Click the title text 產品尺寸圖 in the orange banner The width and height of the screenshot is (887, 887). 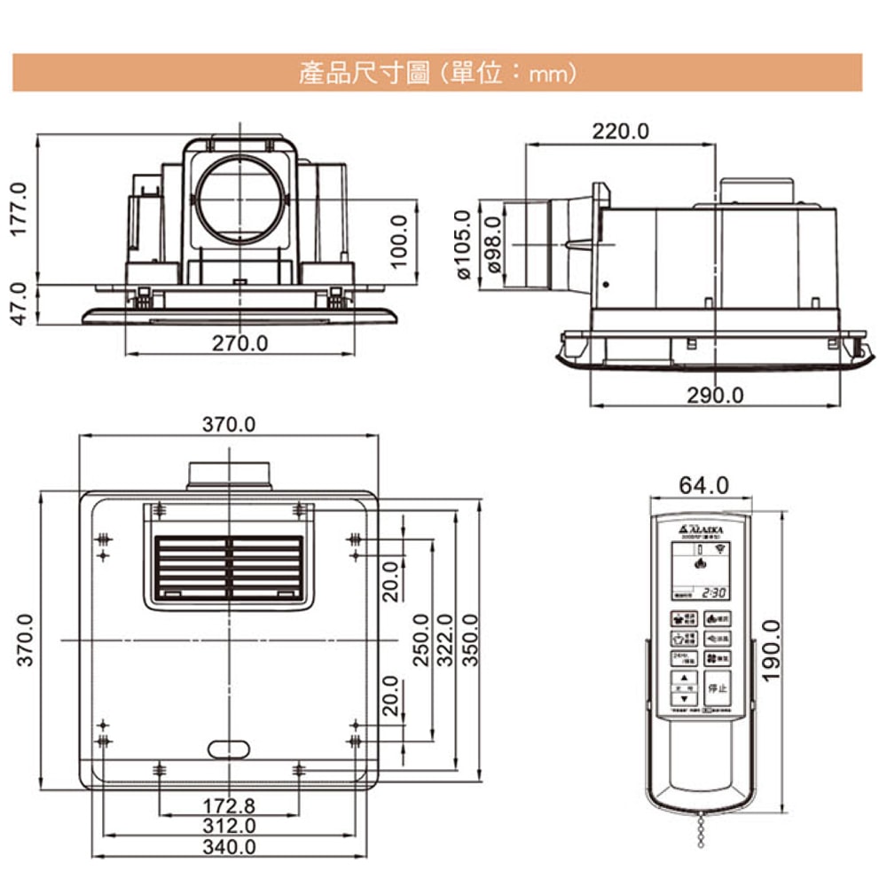click(x=364, y=73)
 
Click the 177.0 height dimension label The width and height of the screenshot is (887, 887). click(x=20, y=209)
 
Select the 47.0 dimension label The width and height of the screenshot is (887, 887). click(x=20, y=303)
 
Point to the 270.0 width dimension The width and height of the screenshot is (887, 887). click(x=239, y=342)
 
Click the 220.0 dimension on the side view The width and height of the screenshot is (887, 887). click(x=620, y=132)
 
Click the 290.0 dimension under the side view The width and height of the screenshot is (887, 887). click(x=715, y=395)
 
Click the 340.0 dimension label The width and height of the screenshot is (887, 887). click(x=228, y=847)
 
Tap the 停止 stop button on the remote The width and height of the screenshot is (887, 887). click(x=717, y=687)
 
